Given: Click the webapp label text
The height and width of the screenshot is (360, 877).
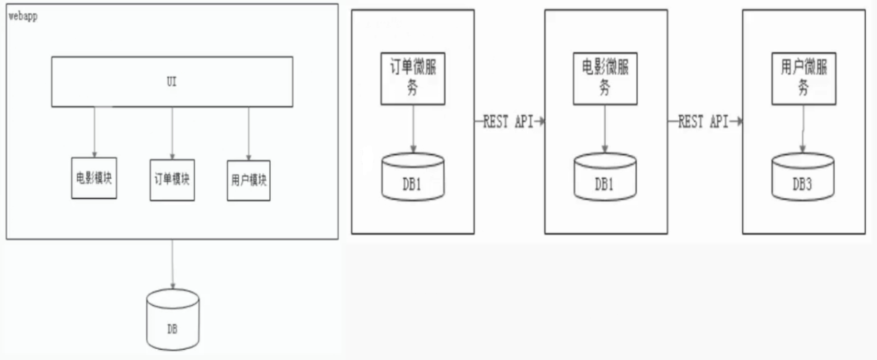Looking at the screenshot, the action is (23, 16).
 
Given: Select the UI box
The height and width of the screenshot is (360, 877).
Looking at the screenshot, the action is (172, 82).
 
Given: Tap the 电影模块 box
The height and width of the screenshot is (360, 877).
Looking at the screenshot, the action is (94, 178).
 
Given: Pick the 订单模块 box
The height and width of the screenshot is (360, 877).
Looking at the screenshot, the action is (172, 179).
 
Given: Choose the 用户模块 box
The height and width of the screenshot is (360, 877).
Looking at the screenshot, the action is (248, 180).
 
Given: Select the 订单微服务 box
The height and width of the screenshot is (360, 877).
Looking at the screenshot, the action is (413, 78).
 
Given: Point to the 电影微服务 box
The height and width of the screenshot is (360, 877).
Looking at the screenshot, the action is (605, 78).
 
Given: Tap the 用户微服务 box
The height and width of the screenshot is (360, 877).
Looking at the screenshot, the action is (804, 78).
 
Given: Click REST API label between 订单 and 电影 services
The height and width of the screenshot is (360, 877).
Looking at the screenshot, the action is (509, 122).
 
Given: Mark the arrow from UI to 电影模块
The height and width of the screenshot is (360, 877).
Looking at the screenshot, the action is (94, 132).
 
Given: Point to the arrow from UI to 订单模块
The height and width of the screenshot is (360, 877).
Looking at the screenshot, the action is (172, 133).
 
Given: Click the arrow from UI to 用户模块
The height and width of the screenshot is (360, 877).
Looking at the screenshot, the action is (248, 134).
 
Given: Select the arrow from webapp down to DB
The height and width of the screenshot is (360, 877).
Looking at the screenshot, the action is (173, 264).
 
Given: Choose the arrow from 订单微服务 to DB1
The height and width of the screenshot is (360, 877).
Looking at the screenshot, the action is (413, 129).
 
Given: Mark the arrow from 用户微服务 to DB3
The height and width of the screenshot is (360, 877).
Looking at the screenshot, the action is (803, 129).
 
